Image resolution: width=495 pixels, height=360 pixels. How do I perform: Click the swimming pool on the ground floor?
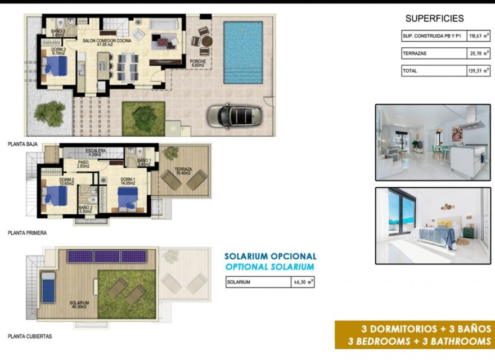pyautogui.click(x=243, y=52)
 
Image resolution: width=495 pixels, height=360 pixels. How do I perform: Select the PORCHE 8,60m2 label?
pyautogui.click(x=197, y=64)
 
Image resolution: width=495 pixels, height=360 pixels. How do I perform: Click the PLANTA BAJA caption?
pyautogui.click(x=23, y=144)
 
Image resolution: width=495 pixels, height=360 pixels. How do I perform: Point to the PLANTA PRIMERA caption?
pyautogui.click(x=27, y=232)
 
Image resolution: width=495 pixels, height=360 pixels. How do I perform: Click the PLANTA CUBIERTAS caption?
pyautogui.click(x=29, y=336)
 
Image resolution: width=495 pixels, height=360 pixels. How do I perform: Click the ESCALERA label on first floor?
pyautogui.click(x=95, y=152)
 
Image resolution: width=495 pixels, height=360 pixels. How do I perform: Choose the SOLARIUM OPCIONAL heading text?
pyautogui.click(x=270, y=256)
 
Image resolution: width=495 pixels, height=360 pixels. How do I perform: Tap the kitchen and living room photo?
pyautogui.click(x=433, y=142)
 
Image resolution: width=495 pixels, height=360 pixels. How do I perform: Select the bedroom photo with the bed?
pyautogui.click(x=433, y=225)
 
